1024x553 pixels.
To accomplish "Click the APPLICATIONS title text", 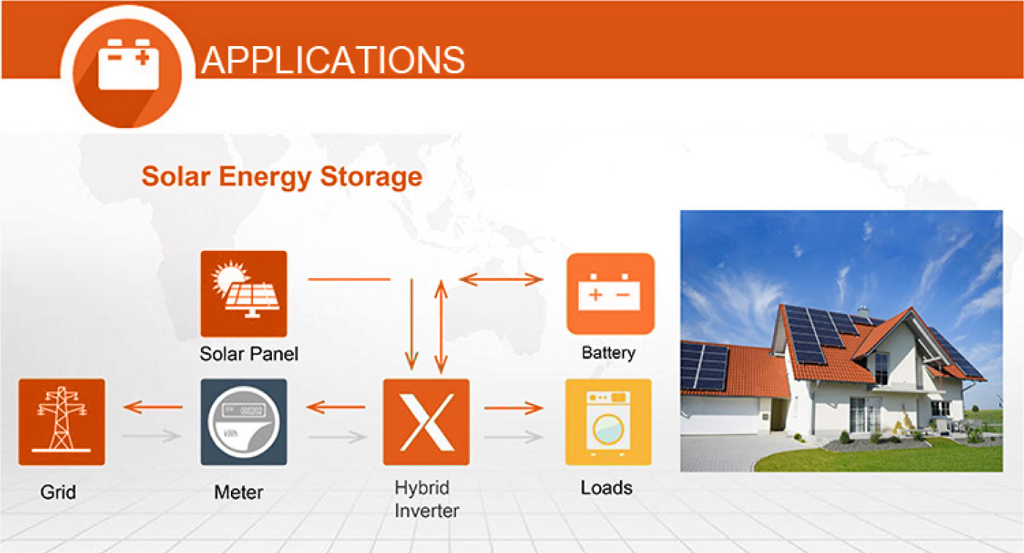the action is point(333,60).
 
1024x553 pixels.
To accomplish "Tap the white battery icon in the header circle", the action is point(129,64).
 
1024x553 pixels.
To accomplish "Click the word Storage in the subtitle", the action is point(371,176).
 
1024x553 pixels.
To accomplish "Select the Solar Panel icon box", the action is point(243,293).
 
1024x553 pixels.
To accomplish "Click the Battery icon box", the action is point(610,293).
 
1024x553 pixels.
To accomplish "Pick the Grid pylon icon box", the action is point(61,422).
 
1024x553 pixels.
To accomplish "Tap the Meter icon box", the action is point(243,422).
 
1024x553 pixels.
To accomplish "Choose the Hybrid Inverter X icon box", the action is point(426,422).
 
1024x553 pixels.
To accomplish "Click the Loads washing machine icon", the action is point(608,422).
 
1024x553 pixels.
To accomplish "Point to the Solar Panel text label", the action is point(249,354).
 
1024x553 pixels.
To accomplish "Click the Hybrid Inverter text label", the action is point(427,499).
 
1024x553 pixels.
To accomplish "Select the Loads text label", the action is point(606,488).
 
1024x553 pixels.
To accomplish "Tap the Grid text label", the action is point(58,492).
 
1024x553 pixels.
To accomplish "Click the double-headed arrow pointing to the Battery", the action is point(501,279).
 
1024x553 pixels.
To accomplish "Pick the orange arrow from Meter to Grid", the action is point(153,407).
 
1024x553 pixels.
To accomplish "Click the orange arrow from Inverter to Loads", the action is point(514,407).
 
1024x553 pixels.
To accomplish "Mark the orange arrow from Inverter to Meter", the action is point(335,407).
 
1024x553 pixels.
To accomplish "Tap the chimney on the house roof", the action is point(863,312).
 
